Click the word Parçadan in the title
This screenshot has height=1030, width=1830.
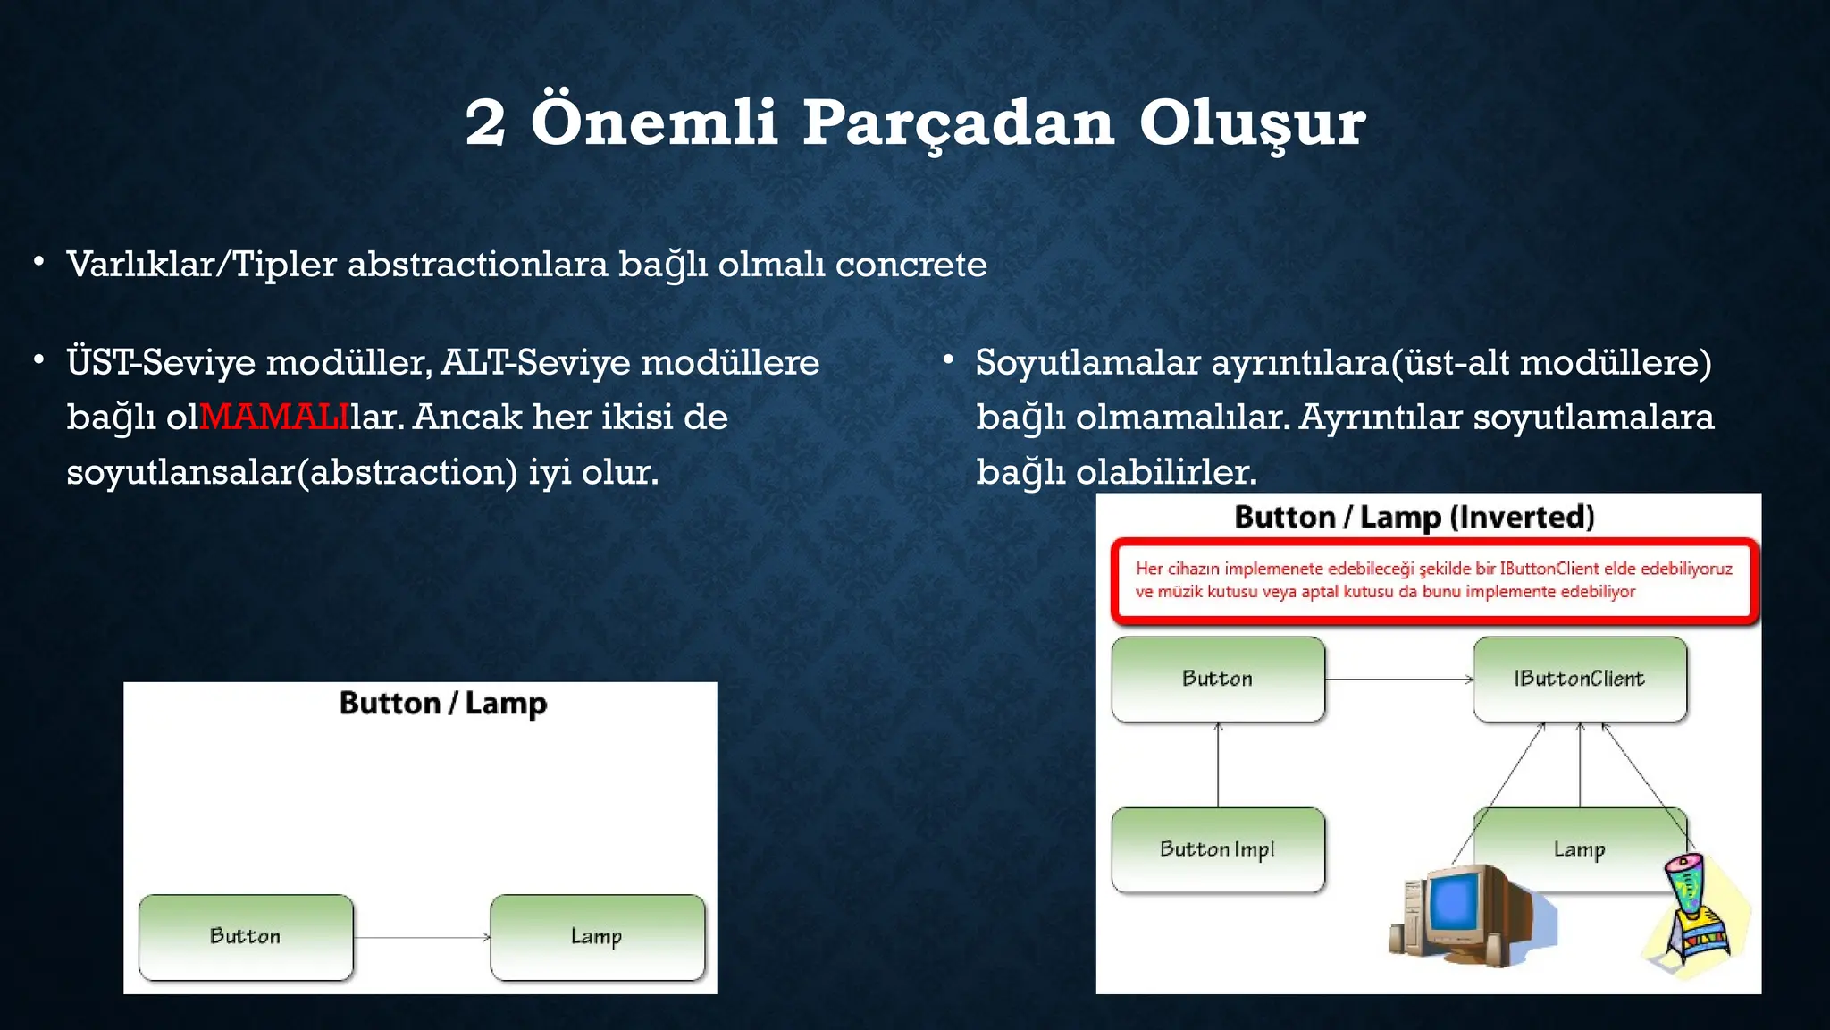[957, 123]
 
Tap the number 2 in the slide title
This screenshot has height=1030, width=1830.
[485, 123]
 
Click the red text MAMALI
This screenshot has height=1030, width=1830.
[273, 417]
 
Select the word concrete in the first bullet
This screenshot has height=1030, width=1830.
[911, 265]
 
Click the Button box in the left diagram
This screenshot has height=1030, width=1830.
[246, 936]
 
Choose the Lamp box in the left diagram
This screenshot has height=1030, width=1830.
[597, 936]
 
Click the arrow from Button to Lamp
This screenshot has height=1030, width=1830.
[422, 937]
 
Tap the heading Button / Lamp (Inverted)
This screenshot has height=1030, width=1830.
[1414, 517]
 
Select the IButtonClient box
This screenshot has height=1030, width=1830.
[1579, 679]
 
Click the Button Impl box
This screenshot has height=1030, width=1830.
[1217, 849]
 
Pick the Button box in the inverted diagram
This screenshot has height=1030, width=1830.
[1217, 679]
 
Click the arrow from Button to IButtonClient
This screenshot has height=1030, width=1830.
[1398, 680]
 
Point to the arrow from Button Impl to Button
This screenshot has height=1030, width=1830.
[1218, 765]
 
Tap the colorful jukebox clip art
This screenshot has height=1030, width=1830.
[1694, 912]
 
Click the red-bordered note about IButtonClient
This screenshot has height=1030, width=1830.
[1433, 579]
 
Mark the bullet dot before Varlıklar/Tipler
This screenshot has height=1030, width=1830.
[38, 262]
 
